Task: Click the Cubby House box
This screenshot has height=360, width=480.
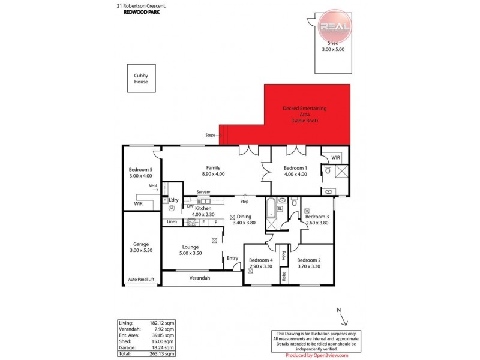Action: click(x=141, y=79)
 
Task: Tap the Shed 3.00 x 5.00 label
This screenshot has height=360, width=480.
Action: click(x=333, y=47)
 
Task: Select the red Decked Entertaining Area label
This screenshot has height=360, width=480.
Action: click(x=308, y=115)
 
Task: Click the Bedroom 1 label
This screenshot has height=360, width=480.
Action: click(x=295, y=171)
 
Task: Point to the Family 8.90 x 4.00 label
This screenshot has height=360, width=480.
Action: click(x=212, y=171)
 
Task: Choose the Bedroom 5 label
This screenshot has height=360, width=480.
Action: click(x=141, y=173)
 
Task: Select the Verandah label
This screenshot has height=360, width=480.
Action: click(x=199, y=278)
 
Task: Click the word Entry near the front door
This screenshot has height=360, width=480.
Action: click(x=232, y=259)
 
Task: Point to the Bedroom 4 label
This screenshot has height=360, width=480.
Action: click(x=260, y=263)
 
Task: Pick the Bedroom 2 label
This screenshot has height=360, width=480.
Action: click(x=309, y=263)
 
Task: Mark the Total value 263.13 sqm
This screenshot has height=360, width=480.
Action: click(x=163, y=353)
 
